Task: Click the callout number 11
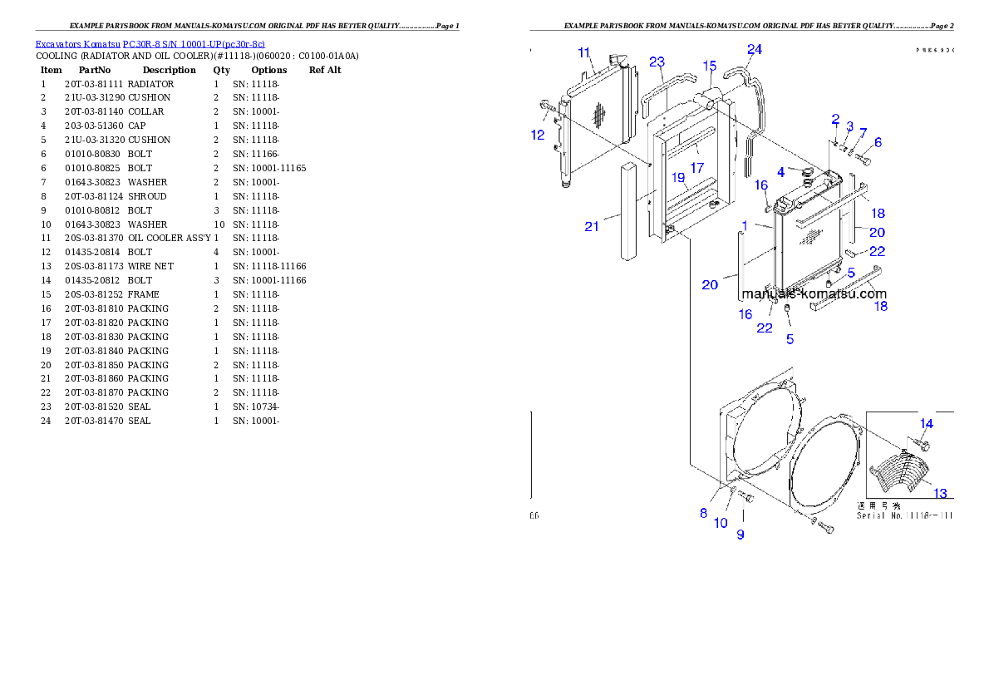584,52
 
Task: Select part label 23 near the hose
657,62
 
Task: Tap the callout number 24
754,49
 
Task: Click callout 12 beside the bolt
538,134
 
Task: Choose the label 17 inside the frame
696,167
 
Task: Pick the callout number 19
678,177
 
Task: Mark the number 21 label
591,226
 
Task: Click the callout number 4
780,172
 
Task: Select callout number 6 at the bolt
878,142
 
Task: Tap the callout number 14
926,423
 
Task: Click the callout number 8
703,513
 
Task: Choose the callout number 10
721,523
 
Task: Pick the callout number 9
740,535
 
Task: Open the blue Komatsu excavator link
150,44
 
